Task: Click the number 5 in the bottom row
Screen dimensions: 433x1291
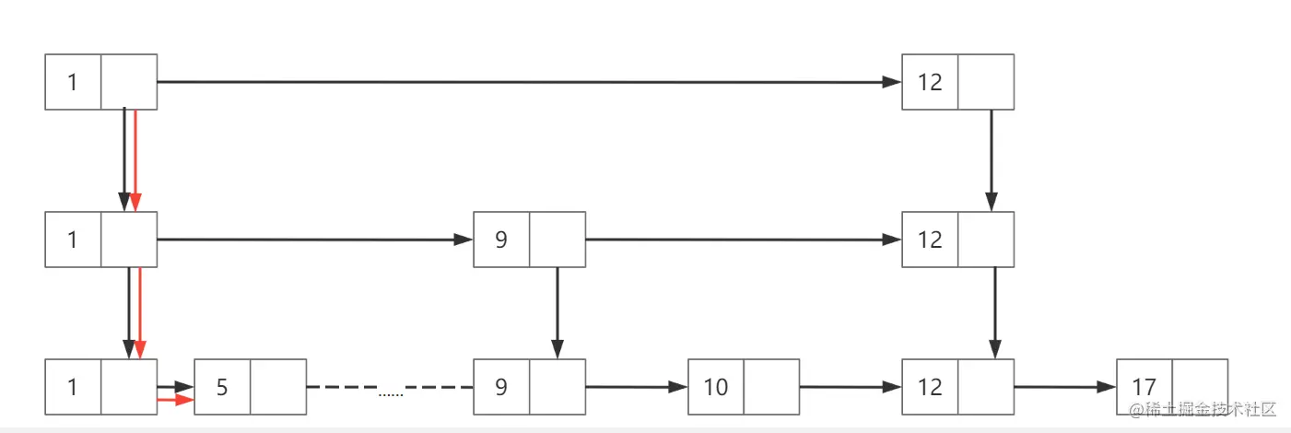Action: (x=222, y=387)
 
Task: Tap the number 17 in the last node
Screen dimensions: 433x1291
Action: (x=1144, y=387)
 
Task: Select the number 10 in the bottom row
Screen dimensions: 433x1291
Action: (x=716, y=387)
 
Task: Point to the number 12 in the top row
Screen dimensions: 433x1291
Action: (x=930, y=82)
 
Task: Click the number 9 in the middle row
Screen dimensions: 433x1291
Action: (x=501, y=240)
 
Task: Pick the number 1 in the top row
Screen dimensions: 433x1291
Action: (x=73, y=82)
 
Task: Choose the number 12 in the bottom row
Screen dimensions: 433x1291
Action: (x=930, y=387)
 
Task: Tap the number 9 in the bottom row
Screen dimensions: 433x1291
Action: (x=501, y=387)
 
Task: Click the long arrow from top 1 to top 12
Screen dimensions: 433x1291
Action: (x=525, y=82)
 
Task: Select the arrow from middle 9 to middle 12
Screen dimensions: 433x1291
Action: (x=742, y=240)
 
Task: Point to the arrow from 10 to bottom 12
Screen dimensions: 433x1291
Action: (x=850, y=387)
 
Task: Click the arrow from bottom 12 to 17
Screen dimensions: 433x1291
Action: (x=1064, y=387)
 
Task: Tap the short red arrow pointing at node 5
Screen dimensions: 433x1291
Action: (x=175, y=400)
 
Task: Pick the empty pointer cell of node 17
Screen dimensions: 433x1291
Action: (x=1200, y=387)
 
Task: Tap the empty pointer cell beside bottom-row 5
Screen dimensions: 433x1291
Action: (x=278, y=387)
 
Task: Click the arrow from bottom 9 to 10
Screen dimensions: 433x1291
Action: (x=636, y=387)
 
